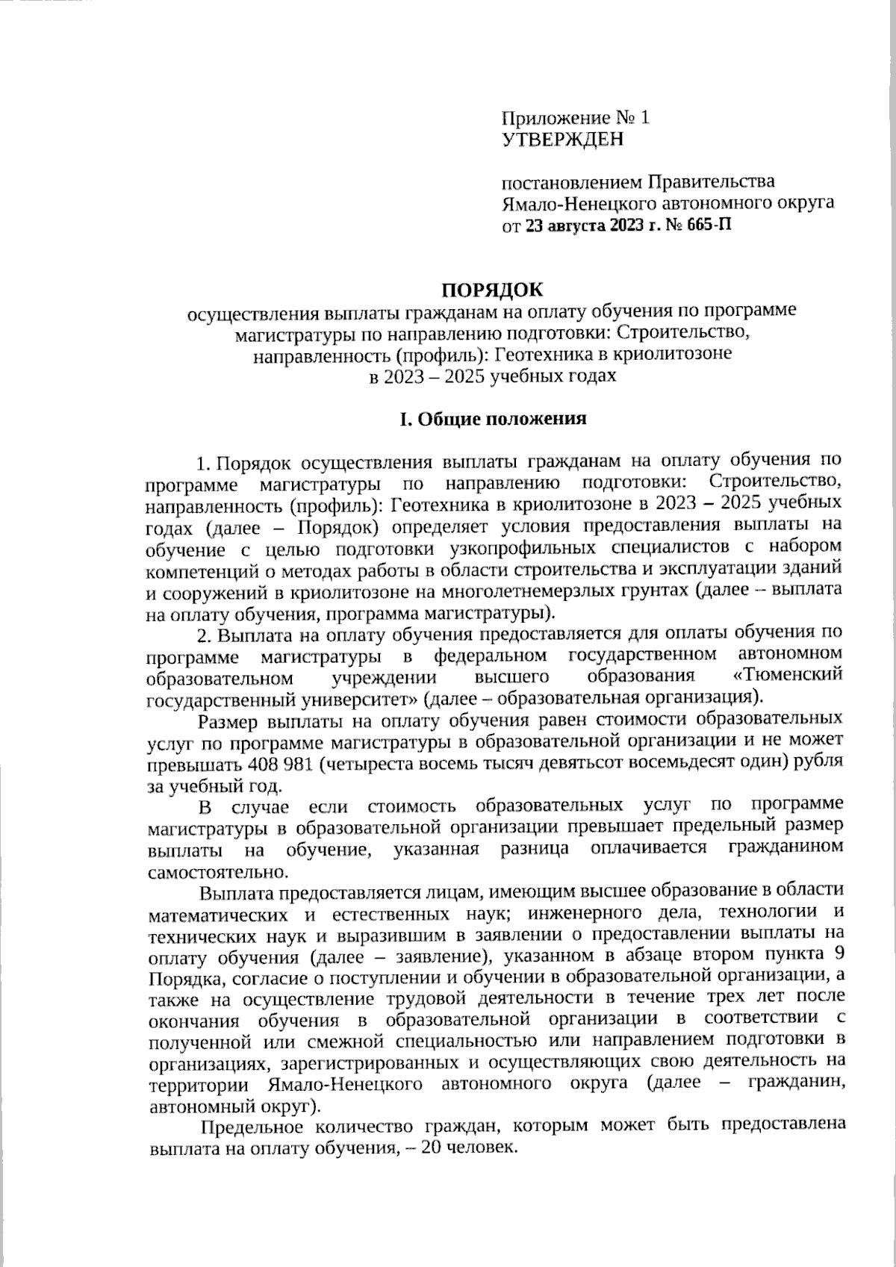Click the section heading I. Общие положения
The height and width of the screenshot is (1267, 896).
tap(493, 418)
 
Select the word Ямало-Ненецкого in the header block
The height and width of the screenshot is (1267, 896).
tap(565, 202)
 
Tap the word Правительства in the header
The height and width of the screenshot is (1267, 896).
tap(710, 181)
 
